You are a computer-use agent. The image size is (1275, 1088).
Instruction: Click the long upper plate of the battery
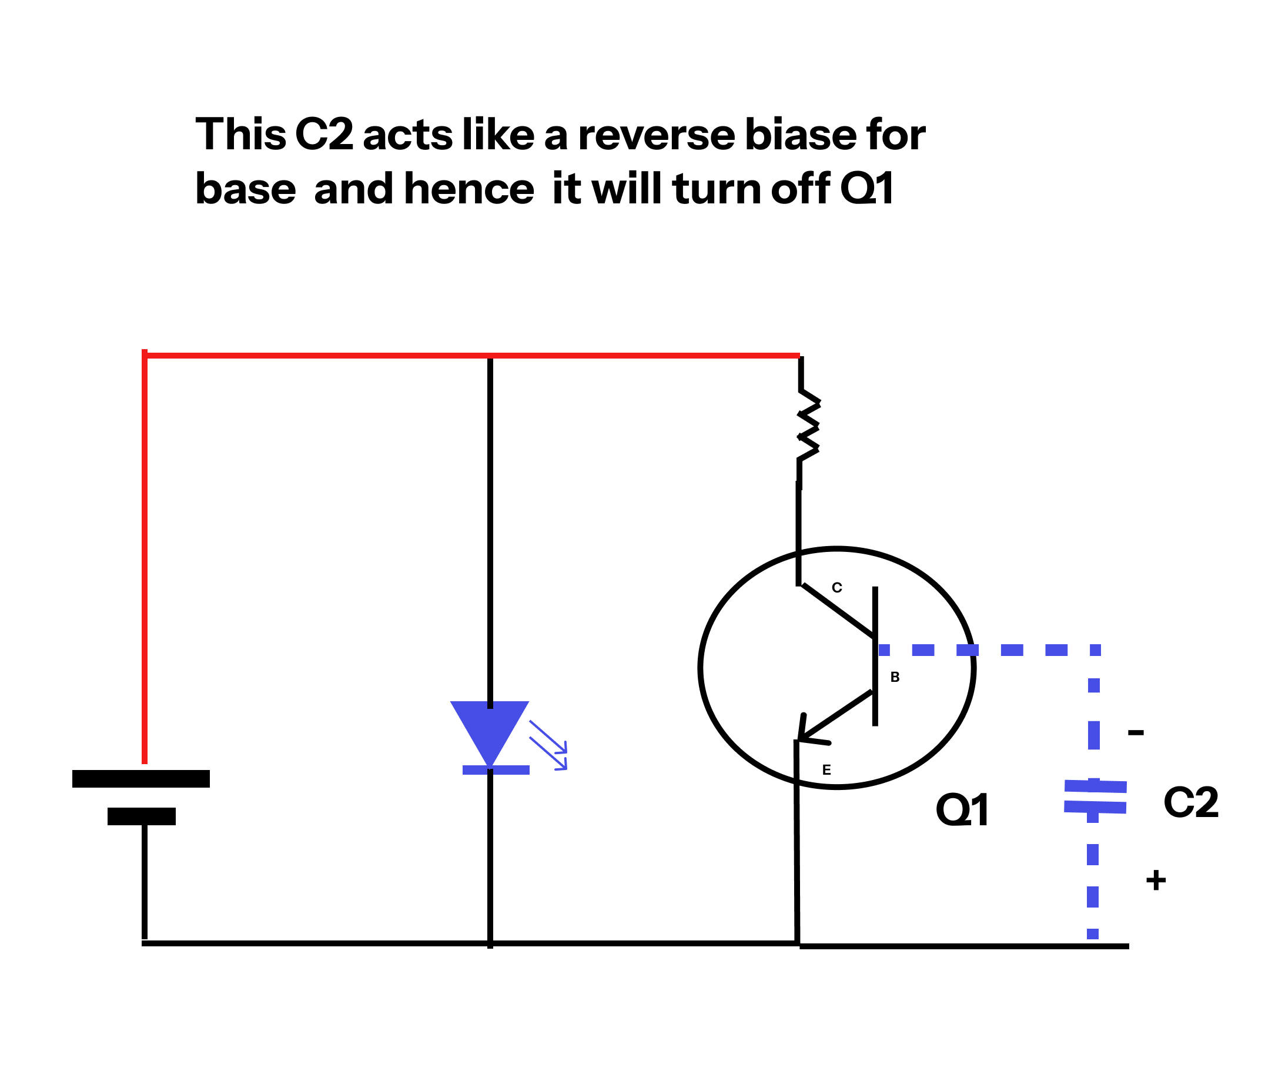(141, 778)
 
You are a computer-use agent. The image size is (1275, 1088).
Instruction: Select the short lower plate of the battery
(142, 816)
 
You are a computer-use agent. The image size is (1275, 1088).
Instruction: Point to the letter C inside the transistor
(837, 588)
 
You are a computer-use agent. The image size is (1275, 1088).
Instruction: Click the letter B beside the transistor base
(895, 677)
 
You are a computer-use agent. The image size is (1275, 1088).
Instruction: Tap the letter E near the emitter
(826, 770)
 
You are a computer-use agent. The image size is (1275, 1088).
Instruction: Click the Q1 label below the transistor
(962, 810)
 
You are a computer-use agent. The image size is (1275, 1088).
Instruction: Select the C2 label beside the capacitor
(1191, 802)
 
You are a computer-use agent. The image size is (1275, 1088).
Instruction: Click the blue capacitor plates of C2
(1095, 796)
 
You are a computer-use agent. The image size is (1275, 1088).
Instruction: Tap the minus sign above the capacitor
(1135, 732)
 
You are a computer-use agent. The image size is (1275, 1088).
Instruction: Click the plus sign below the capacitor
(1156, 880)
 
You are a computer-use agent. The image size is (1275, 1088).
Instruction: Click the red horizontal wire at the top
(431, 356)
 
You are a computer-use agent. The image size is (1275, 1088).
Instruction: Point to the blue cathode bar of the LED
(496, 770)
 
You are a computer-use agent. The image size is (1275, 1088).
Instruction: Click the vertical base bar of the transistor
(875, 656)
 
